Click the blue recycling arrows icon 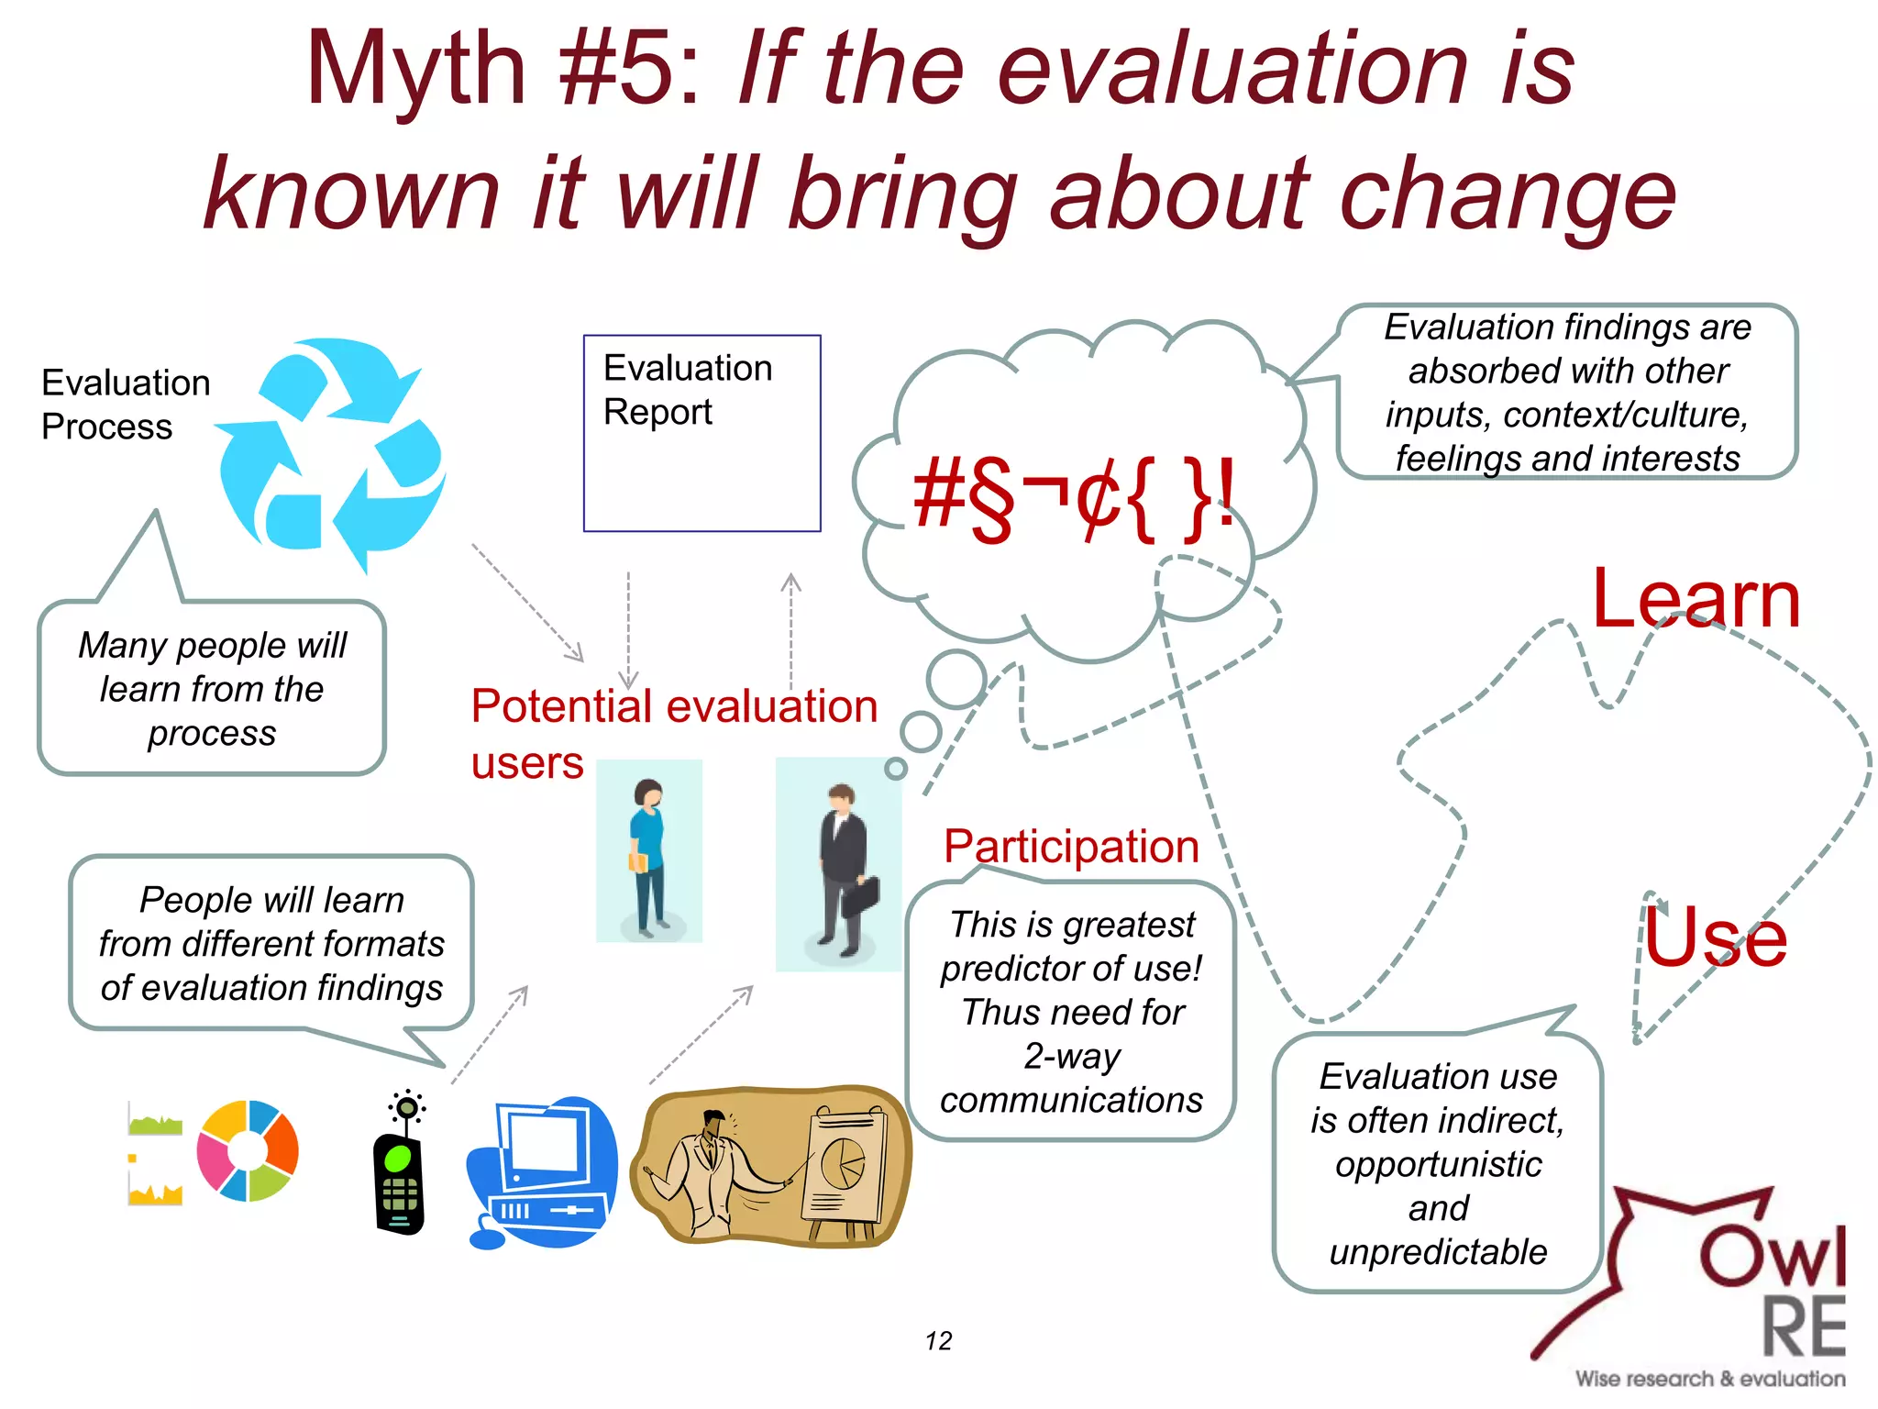332,454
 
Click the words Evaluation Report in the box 688,390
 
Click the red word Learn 1696,601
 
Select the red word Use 1715,937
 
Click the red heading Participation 1071,846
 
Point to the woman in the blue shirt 648,853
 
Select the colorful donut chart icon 248,1150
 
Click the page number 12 938,1341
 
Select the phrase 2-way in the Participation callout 1071,1056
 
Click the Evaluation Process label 126,405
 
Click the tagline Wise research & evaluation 1710,1379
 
